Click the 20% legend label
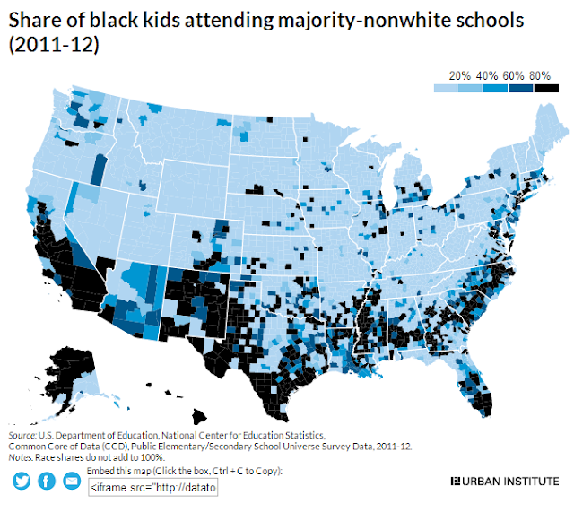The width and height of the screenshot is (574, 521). pyautogui.click(x=460, y=76)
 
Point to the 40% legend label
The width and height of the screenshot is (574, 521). pyautogui.click(x=487, y=76)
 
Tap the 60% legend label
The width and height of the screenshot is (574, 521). pyautogui.click(x=513, y=76)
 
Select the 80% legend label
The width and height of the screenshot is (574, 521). pyautogui.click(x=540, y=76)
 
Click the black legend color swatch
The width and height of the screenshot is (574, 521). pyautogui.click(x=546, y=88)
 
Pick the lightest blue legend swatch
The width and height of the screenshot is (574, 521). pyautogui.click(x=446, y=88)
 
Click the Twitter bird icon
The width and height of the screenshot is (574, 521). pyautogui.click(x=22, y=481)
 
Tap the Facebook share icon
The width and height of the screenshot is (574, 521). pyautogui.click(x=47, y=481)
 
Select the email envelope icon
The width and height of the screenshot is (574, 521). pyautogui.click(x=72, y=481)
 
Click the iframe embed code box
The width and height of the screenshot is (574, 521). pyautogui.click(x=153, y=487)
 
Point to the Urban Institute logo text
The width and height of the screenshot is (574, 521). pyautogui.click(x=505, y=481)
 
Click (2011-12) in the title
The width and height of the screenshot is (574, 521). pyautogui.click(x=54, y=45)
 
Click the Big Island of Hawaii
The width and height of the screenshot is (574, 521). pyautogui.click(x=199, y=416)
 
